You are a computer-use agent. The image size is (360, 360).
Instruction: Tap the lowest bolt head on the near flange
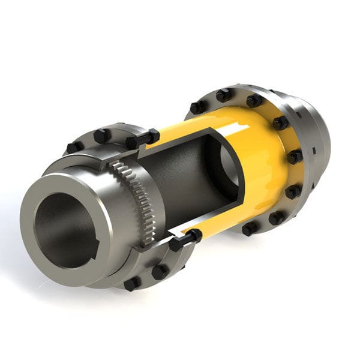pos(131,283)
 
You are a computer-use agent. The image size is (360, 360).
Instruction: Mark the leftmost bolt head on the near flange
pos(74,146)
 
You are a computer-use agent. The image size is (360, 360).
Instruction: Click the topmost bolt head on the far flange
pos(224,95)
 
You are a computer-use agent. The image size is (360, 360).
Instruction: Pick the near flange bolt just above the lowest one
pos(160,271)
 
